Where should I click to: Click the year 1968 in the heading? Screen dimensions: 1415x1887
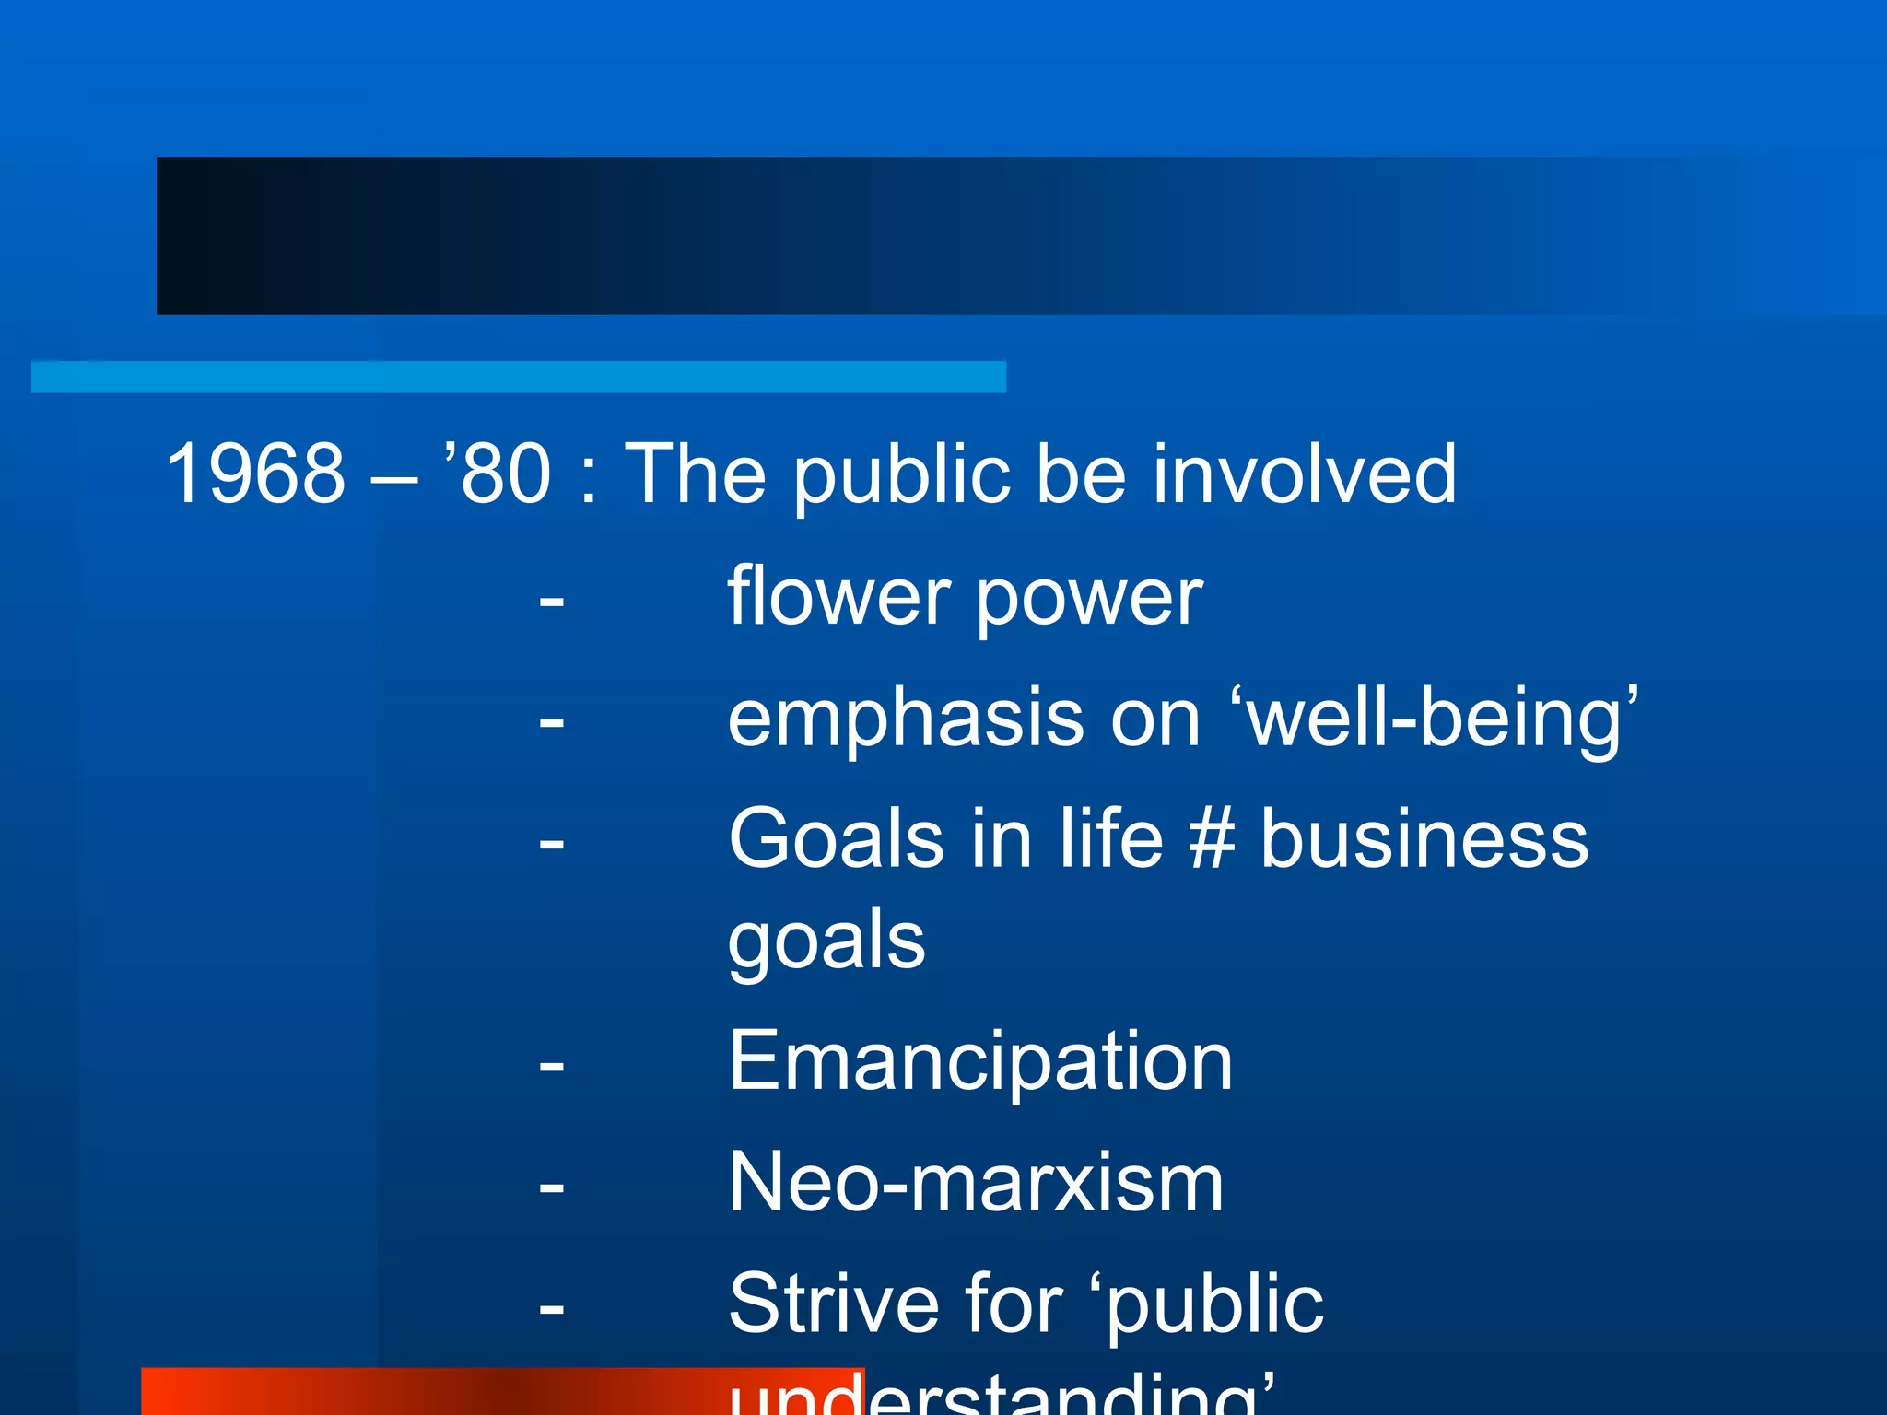(x=255, y=474)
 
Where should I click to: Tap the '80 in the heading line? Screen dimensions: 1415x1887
(x=498, y=474)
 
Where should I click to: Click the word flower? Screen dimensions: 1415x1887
(x=838, y=597)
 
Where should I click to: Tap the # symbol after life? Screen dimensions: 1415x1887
(x=1212, y=838)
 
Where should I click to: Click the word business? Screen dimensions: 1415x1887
(x=1424, y=838)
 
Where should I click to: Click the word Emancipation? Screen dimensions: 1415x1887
(x=979, y=1061)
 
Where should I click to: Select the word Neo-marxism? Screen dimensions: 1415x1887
(x=976, y=1183)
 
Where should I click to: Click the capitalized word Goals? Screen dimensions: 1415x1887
(x=836, y=838)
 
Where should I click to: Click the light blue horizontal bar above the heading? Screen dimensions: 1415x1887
(x=518, y=377)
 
